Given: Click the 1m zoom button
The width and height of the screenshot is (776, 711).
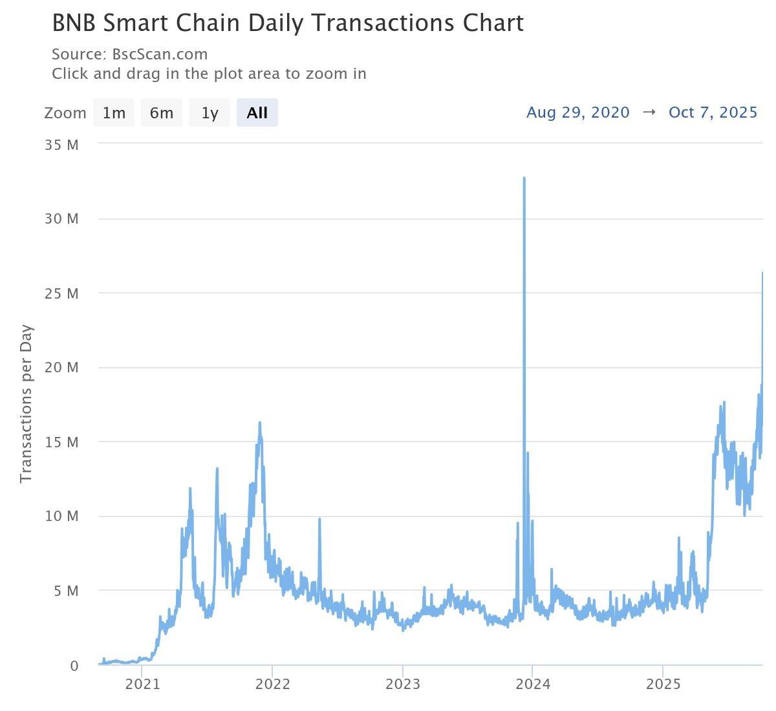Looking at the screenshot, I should (114, 112).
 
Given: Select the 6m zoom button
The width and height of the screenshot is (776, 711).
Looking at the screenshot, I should (162, 112).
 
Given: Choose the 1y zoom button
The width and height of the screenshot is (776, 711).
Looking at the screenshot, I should (210, 112).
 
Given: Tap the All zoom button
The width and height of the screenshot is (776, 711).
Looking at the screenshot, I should (257, 112).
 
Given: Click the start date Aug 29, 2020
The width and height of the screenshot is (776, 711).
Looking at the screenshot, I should (577, 112).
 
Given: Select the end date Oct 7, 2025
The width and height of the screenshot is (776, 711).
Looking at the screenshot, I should (713, 112).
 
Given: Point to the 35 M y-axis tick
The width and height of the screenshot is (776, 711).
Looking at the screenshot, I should (61, 145).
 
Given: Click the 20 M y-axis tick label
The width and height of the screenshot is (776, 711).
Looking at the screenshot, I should (61, 367).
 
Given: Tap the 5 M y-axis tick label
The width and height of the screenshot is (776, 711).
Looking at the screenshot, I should (65, 591).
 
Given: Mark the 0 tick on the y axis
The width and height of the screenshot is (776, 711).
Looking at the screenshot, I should (74, 666).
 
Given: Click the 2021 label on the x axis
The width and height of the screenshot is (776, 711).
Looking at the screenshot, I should (142, 684).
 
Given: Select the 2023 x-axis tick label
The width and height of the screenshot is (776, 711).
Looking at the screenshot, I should (402, 684).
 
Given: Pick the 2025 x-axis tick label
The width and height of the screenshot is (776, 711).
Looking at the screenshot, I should (663, 684).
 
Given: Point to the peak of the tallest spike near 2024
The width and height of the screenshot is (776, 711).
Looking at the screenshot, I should (524, 178).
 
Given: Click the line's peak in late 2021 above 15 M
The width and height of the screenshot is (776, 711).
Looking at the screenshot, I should (259, 423).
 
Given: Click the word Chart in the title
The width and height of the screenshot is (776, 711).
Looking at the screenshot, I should (493, 23).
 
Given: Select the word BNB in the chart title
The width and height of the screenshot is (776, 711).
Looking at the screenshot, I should (74, 23).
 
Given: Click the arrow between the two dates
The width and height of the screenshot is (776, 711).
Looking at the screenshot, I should (649, 112).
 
